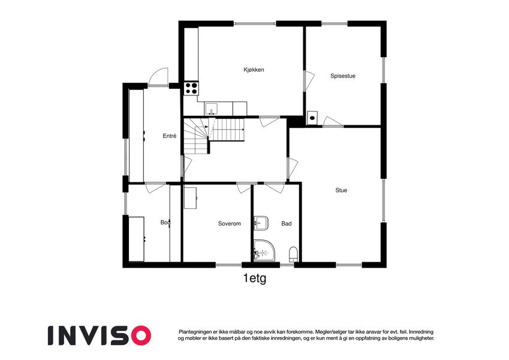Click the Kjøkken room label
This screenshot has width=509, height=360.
tap(254, 70)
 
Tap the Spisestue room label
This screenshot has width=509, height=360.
tap(343, 76)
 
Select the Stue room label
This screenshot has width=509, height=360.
tap(341, 190)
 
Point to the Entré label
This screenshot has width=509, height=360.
tap(170, 136)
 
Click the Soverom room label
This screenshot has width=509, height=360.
tap(229, 224)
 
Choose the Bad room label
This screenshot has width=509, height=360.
tap(287, 224)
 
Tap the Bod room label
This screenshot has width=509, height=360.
tap(165, 223)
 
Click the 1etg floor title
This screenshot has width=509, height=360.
tap(254, 278)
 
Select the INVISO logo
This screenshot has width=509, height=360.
tap(99, 334)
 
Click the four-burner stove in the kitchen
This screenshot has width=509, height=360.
tap(191, 88)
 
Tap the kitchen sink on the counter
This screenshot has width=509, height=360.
tap(212, 109)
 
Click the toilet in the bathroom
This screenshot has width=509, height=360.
tap(293, 254)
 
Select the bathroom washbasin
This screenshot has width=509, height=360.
tap(260, 223)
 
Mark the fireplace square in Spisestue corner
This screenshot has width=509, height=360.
tap(312, 118)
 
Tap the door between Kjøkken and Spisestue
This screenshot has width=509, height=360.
tap(309, 81)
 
